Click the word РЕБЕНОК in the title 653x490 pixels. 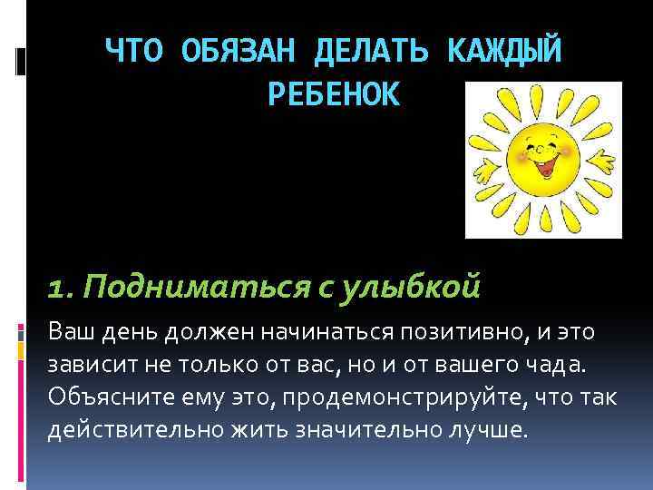pyautogui.click(x=334, y=94)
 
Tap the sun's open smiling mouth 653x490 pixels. pyautogui.click(x=545, y=166)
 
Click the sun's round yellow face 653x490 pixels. pyautogui.click(x=542, y=156)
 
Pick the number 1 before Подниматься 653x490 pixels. pyautogui.click(x=58, y=289)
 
